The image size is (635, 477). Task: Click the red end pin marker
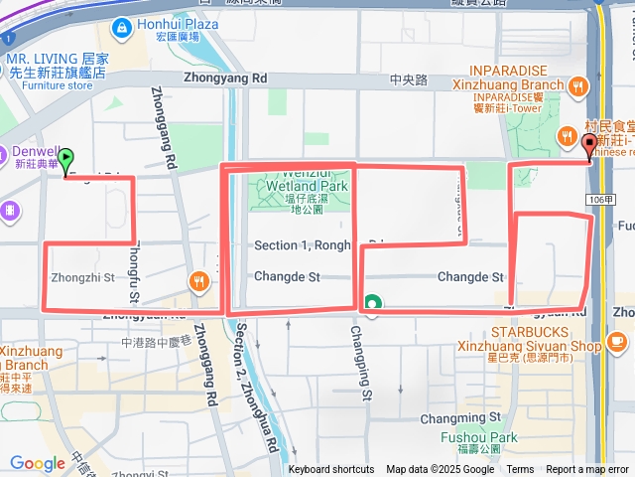[x=589, y=147]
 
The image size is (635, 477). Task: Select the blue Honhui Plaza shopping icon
[x=122, y=26]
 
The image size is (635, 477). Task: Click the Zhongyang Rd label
[x=225, y=77]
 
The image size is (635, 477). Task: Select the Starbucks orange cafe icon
[x=618, y=341]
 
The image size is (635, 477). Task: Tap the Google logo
[x=37, y=463]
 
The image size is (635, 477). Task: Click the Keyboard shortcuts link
[x=332, y=469]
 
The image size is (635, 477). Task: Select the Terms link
[x=520, y=469]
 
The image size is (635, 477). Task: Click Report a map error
[x=587, y=469]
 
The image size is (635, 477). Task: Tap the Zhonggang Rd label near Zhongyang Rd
[x=165, y=126]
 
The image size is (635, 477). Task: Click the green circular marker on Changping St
[x=373, y=303]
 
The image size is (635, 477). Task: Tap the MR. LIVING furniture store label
[x=57, y=66]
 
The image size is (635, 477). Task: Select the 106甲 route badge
[x=598, y=200]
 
